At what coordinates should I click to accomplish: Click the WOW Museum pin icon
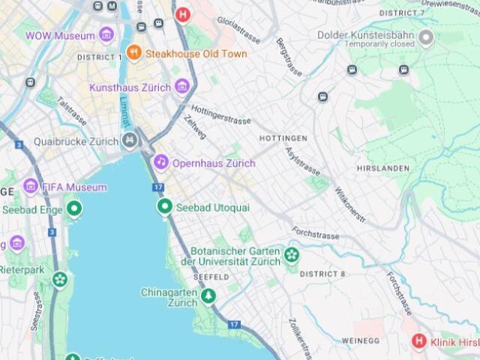click(x=106, y=35)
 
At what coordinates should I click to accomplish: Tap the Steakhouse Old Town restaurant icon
click(x=134, y=52)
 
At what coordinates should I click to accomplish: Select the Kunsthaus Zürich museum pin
click(x=181, y=87)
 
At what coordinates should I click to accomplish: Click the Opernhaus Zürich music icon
click(x=161, y=162)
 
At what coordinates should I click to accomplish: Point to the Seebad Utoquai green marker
click(x=164, y=206)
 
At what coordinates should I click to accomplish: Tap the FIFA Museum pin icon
click(x=31, y=186)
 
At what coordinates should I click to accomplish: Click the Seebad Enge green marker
click(x=73, y=208)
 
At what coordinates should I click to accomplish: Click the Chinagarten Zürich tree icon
click(x=208, y=298)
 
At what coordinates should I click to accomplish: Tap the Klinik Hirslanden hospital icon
click(x=418, y=342)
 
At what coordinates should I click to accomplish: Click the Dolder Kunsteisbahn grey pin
click(x=426, y=38)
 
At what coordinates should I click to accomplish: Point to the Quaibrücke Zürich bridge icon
click(x=130, y=141)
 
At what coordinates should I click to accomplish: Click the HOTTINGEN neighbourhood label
click(x=283, y=139)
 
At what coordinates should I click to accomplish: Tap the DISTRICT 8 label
click(x=322, y=274)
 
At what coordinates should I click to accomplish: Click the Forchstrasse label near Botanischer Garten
click(x=316, y=233)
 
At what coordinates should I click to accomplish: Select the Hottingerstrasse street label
click(x=220, y=114)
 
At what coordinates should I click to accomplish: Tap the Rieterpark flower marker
click(x=60, y=279)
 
